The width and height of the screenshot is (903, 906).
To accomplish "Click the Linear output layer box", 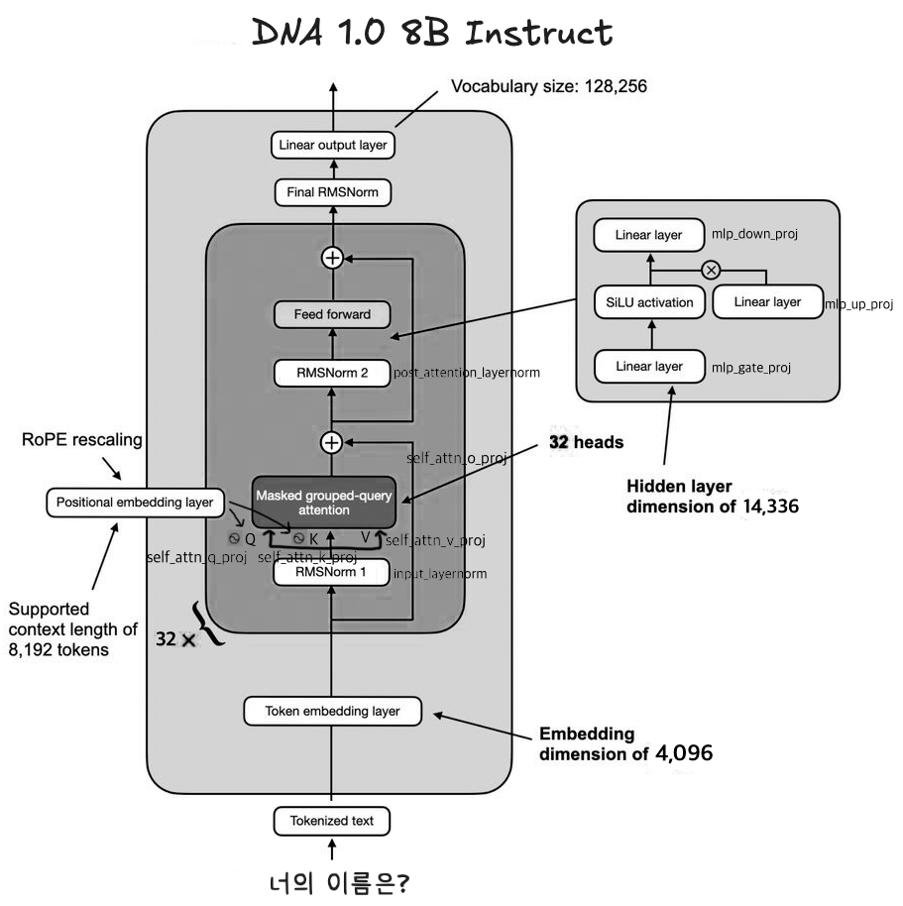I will (332, 146).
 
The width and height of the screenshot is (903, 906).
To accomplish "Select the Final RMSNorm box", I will (332, 192).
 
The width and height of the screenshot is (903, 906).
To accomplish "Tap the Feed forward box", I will (332, 315).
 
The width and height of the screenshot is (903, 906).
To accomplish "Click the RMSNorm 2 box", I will (332, 373).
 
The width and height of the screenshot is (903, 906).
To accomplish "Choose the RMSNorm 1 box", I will (332, 573).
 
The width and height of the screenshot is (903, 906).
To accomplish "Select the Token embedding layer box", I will (332, 711).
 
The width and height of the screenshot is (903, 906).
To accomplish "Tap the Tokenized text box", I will (332, 821).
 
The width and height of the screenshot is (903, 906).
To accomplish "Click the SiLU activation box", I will (649, 301).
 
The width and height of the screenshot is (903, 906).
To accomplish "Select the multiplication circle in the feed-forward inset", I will (710, 269).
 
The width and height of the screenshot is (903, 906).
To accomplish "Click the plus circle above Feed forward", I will (332, 258).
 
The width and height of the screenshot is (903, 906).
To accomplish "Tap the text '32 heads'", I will (586, 442).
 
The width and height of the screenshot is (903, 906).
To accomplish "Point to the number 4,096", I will (684, 753).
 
